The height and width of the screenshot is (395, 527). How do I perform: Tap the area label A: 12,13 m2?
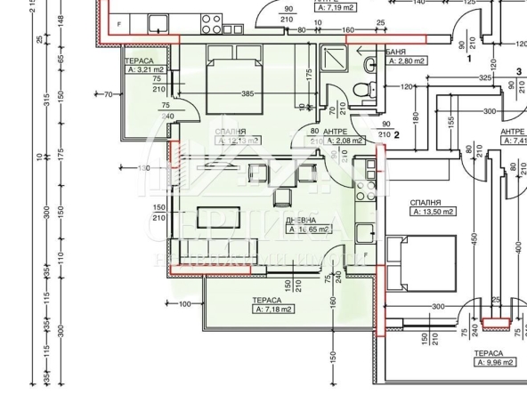(237, 141)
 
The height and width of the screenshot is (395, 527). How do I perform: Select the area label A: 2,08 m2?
(342, 141)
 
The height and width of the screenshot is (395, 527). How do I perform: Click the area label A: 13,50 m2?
(433, 212)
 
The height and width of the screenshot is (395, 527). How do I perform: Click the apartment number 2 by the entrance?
(397, 135)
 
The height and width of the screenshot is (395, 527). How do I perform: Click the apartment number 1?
(469, 58)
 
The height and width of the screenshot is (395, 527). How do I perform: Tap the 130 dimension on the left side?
(146, 168)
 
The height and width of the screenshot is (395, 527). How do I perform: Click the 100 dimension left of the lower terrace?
(186, 304)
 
